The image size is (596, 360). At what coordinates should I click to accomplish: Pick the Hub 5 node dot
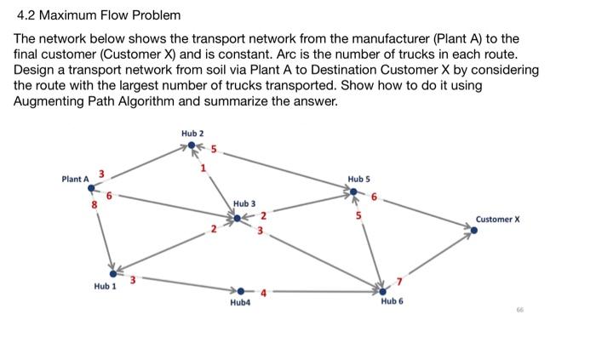(356, 192)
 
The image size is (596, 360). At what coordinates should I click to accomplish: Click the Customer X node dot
(474, 229)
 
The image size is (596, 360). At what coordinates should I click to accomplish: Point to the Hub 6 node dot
(382, 291)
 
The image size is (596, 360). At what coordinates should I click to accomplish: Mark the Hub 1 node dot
(112, 273)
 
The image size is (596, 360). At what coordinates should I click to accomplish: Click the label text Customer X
(498, 220)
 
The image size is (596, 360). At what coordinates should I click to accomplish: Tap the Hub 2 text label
(192, 134)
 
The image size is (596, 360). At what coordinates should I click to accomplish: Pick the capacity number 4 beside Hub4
(264, 294)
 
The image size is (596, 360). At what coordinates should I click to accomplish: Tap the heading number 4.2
(26, 16)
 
